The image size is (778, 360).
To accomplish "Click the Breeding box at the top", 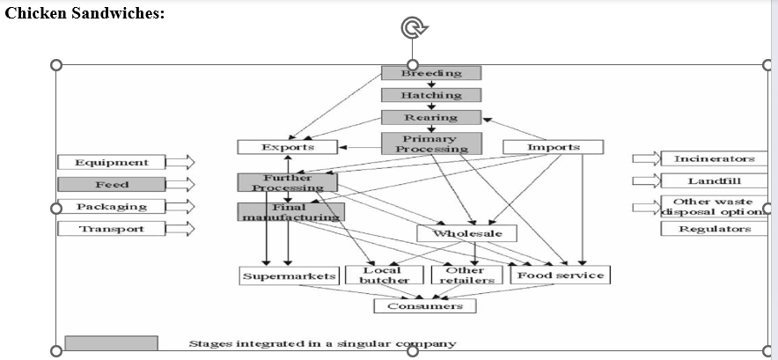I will pos(431,73).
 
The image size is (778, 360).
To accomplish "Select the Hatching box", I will pos(431,95).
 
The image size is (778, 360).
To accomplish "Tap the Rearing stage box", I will pos(431,117).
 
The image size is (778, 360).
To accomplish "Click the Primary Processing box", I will pos(431,143).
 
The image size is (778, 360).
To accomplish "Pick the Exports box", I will pos(288,147).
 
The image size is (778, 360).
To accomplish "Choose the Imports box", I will pos(553,147).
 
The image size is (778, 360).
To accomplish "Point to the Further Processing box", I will pos(288,182).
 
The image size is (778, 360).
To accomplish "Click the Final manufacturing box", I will pos(290,211).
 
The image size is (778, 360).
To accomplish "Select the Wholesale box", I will pos(467,233).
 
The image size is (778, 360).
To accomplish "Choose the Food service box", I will pos(561,276).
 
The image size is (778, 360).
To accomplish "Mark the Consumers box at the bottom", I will pos(424,305).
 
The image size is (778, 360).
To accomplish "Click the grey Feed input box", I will pos(112,185).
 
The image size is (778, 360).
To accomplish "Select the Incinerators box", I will pos(714,158).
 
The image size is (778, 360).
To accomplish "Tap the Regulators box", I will pos(714,229).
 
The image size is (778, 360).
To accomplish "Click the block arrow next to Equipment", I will pos(180,162).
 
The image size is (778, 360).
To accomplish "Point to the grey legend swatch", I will pos(112,343).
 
